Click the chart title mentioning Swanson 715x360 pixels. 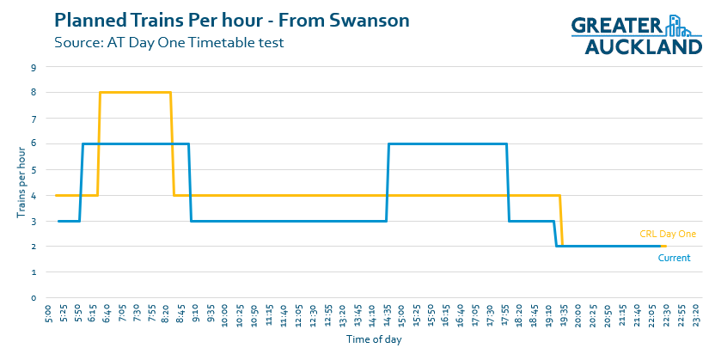231,19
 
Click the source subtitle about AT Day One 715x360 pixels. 168,41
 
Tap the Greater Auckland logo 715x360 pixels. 637,35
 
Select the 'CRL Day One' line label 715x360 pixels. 667,234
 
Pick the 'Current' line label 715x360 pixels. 674,258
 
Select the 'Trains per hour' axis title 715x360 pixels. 21,183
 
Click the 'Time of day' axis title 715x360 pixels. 374,339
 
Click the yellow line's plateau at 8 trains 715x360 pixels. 136,92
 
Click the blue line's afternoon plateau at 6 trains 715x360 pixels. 447,143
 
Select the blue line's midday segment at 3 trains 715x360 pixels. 288,221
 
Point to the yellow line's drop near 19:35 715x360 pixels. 561,221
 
